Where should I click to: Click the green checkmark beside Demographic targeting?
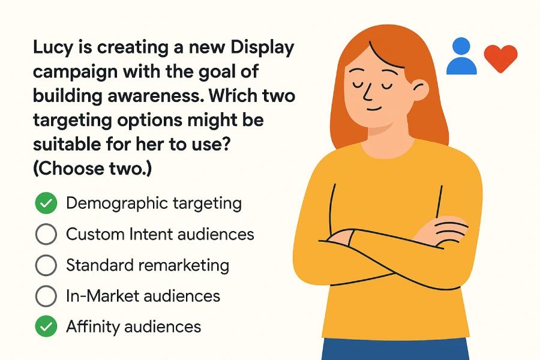tap(46, 203)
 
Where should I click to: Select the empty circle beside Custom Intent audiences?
tap(46, 234)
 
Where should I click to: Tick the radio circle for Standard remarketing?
tap(46, 265)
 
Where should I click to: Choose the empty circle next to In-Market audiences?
tap(46, 296)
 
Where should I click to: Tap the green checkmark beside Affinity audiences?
tap(46, 327)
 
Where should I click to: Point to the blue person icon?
tap(461, 56)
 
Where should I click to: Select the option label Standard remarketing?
tap(148, 265)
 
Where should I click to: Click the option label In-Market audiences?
tap(143, 296)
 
